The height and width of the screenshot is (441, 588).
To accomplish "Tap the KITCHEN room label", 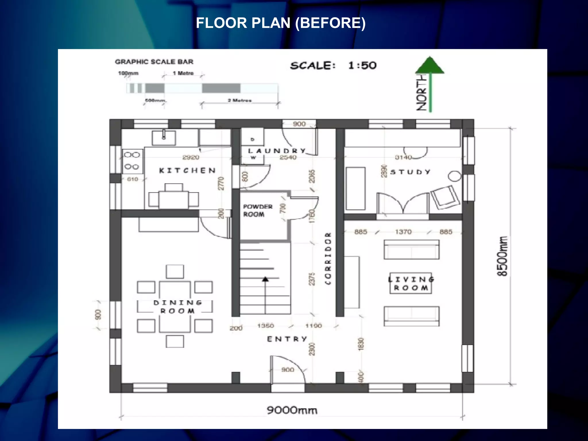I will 187,171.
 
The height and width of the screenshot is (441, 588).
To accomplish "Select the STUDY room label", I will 411,172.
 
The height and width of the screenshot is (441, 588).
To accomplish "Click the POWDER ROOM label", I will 258,210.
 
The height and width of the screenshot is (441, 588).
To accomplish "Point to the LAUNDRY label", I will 277,151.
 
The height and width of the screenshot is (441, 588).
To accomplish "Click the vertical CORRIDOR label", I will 328,258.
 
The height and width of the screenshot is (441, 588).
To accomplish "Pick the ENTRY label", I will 287,339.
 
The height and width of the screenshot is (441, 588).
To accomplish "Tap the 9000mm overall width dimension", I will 292,410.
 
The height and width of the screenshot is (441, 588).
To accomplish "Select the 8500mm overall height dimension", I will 502,256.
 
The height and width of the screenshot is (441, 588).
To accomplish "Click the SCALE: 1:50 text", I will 333,65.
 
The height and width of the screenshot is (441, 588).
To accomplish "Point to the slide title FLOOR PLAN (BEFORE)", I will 281,23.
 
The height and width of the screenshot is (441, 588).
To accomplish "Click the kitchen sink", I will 164,138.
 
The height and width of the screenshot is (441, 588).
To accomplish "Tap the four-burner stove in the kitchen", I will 132,161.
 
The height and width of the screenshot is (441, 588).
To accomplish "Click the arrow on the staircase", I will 265,279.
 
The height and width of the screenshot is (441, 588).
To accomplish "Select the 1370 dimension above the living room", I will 403,232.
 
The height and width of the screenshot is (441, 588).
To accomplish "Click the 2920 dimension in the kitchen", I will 191,157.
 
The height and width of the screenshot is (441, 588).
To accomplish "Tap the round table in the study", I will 455,176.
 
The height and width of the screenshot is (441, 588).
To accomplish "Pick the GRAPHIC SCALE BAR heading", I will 154,62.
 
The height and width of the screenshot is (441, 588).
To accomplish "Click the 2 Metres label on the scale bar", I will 239,100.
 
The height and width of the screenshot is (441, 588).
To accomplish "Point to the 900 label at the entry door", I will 288,370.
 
